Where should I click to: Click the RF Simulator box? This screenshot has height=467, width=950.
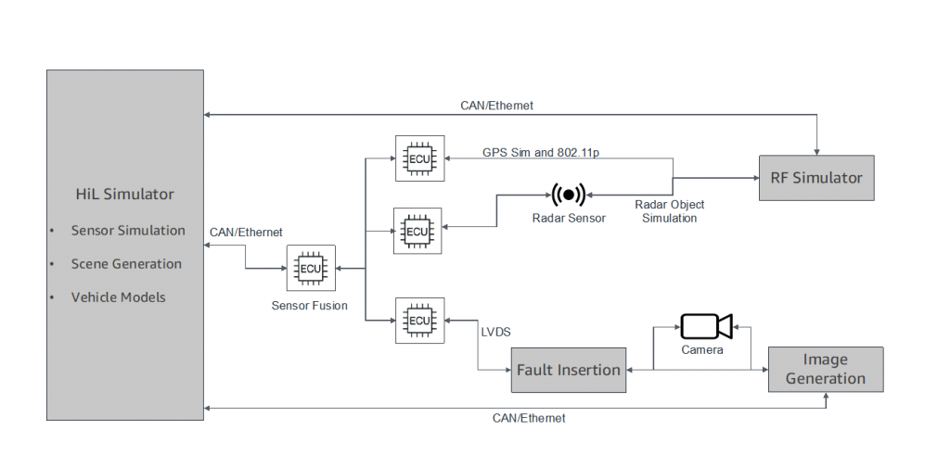pyautogui.click(x=816, y=178)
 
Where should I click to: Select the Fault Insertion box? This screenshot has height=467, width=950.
pyautogui.click(x=569, y=370)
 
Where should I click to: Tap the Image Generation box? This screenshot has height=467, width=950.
pyautogui.click(x=826, y=369)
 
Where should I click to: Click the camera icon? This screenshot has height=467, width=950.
pyautogui.click(x=706, y=326)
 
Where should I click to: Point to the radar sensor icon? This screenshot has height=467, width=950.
pyautogui.click(x=568, y=196)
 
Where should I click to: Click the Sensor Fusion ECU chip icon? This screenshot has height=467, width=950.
pyautogui.click(x=310, y=269)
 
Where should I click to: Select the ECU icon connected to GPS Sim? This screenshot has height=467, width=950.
pyautogui.click(x=418, y=159)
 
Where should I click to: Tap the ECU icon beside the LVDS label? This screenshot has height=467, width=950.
pyautogui.click(x=418, y=321)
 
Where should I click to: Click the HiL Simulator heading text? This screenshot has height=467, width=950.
pyautogui.click(x=124, y=195)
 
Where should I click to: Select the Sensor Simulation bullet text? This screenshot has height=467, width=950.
pyautogui.click(x=128, y=231)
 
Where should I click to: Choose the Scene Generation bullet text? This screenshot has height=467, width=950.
pyautogui.click(x=126, y=264)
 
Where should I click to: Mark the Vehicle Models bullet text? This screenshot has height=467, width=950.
pyautogui.click(x=119, y=297)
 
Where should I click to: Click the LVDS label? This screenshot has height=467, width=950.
pyautogui.click(x=494, y=330)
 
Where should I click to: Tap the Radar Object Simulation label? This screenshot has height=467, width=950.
pyautogui.click(x=669, y=211)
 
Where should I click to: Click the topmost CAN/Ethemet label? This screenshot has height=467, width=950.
pyautogui.click(x=496, y=106)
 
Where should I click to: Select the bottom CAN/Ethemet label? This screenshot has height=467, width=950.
pyautogui.click(x=528, y=419)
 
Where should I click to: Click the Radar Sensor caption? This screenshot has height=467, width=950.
pyautogui.click(x=569, y=219)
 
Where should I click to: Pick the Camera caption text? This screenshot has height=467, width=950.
pyautogui.click(x=702, y=351)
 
